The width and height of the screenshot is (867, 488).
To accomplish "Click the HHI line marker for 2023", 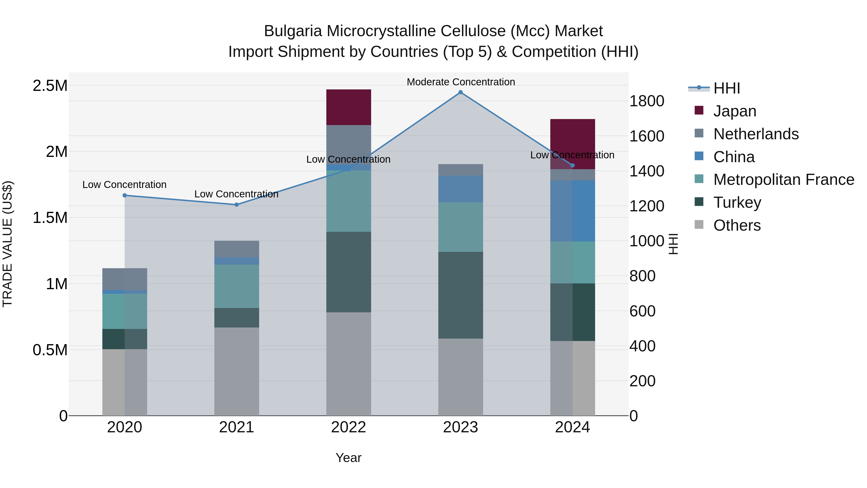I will click(x=460, y=92).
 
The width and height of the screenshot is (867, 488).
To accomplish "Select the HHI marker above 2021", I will click(x=236, y=204).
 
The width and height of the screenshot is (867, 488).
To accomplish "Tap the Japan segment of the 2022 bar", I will click(x=349, y=107).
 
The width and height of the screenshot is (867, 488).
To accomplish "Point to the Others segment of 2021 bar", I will click(x=236, y=371).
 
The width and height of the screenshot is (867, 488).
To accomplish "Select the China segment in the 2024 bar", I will click(x=572, y=211).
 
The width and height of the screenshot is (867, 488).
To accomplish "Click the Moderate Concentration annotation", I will click(x=461, y=82).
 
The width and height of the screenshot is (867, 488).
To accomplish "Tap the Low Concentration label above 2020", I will click(x=124, y=185).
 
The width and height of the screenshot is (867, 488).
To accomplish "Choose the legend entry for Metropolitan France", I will click(x=783, y=180).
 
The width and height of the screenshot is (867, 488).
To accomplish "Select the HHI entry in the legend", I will click(x=726, y=88).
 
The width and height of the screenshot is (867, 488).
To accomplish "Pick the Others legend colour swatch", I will click(x=699, y=225).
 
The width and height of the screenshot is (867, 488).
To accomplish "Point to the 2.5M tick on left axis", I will click(x=50, y=86).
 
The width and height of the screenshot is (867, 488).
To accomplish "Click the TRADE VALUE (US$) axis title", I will click(x=7, y=244).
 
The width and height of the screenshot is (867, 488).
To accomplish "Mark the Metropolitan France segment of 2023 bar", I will click(x=460, y=227).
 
